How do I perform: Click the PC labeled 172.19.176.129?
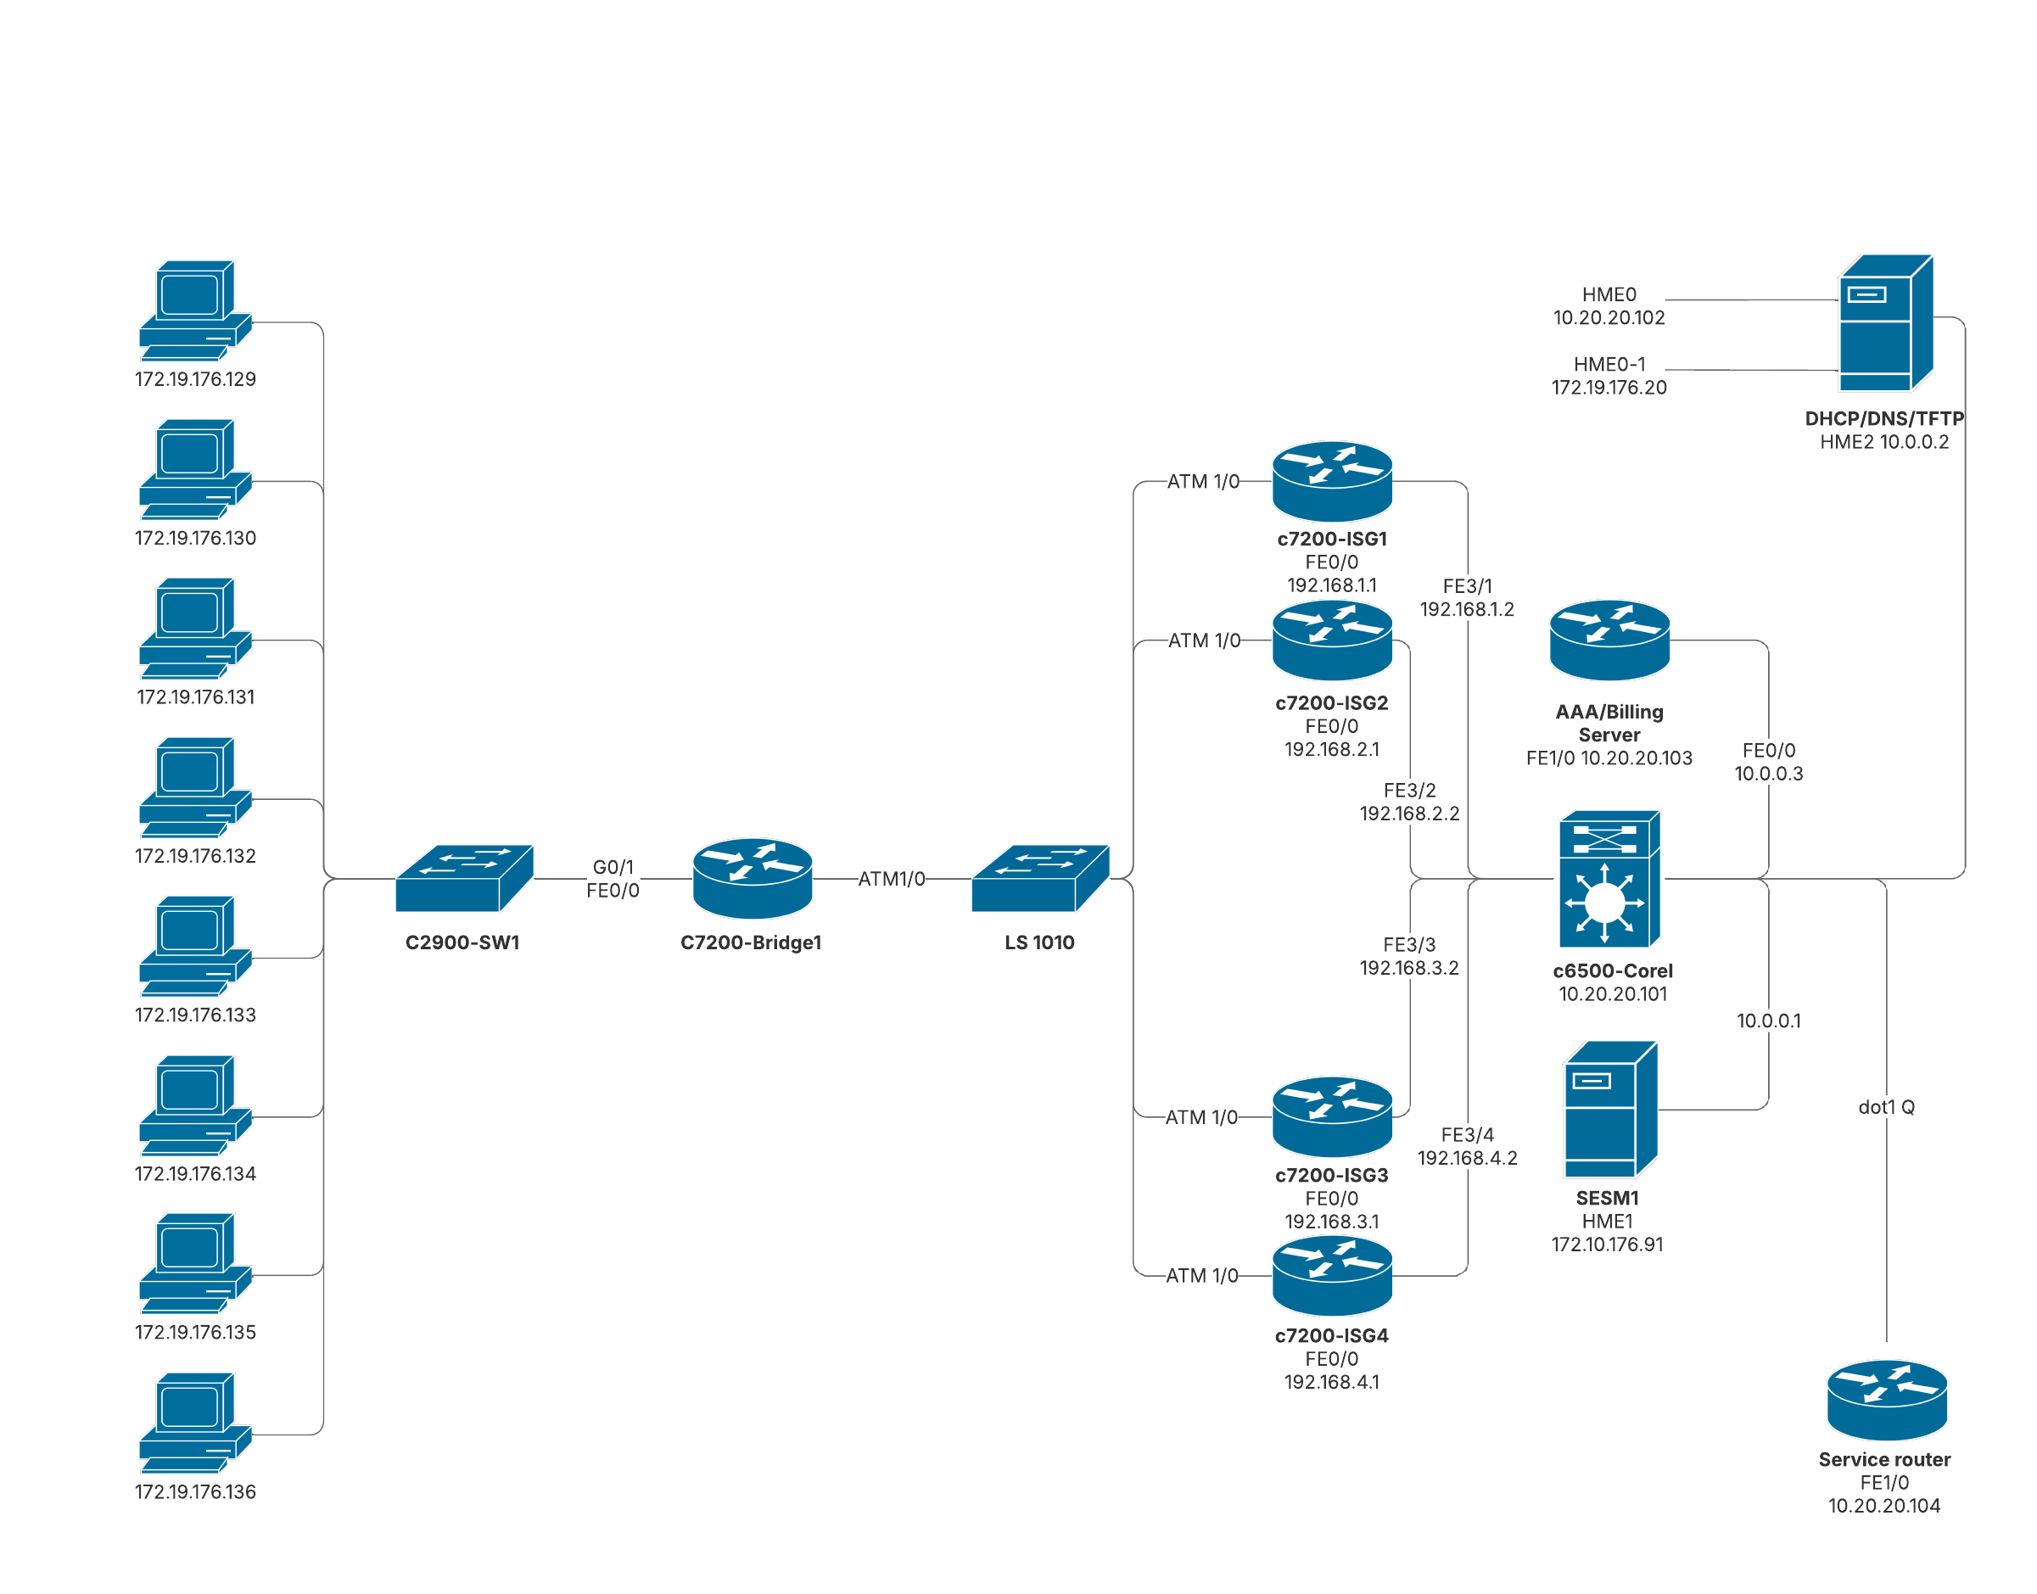click(x=195, y=310)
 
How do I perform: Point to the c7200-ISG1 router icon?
click(x=1332, y=481)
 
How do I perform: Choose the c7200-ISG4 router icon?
click(x=1332, y=1275)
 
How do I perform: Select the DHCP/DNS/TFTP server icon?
click(x=1884, y=323)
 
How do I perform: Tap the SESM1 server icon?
click(x=1609, y=1110)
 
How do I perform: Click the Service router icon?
click(x=1886, y=1400)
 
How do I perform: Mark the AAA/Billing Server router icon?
click(x=1609, y=640)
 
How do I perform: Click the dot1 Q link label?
click(x=1886, y=1107)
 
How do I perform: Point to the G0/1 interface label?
click(x=613, y=867)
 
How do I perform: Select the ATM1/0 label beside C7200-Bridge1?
click(x=891, y=878)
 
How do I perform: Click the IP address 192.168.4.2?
click(x=1467, y=1158)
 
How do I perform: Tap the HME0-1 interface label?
click(x=1609, y=364)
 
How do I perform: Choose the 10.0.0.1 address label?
click(x=1768, y=1021)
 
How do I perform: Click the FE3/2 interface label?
click(x=1409, y=791)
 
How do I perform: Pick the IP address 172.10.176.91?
click(x=1607, y=1244)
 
